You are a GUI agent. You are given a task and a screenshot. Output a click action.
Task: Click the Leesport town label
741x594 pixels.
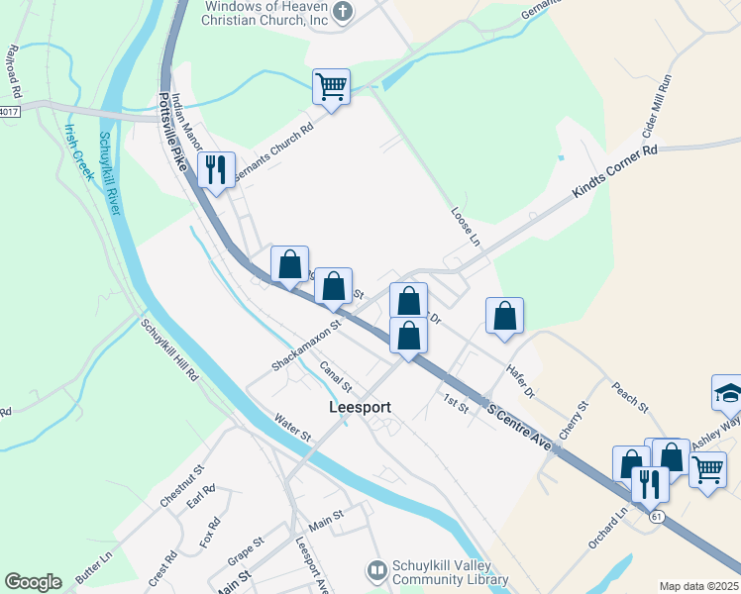[x=360, y=407]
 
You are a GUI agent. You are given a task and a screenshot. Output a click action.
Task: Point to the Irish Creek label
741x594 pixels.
[x=79, y=150]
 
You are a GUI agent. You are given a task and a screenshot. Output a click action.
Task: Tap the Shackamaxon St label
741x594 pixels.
[x=306, y=346]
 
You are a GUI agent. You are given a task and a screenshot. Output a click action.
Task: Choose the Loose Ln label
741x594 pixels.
[x=465, y=227]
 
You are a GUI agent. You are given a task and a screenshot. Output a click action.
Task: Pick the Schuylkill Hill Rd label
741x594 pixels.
[x=169, y=349]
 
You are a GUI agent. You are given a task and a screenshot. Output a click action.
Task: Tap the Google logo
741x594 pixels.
[x=34, y=582]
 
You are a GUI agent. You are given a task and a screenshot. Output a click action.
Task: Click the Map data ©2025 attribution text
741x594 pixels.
[x=698, y=586]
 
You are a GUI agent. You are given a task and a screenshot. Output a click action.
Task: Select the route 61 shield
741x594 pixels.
[x=656, y=517]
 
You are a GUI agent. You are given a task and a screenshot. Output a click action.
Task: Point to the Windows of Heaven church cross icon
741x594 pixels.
[x=343, y=13]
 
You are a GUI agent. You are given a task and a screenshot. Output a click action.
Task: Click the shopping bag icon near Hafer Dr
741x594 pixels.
[x=505, y=316]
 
